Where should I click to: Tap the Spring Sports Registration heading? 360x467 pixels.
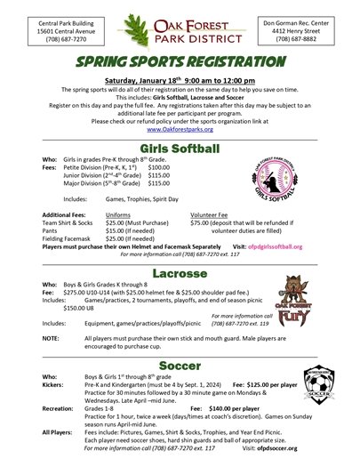click(x=180, y=64)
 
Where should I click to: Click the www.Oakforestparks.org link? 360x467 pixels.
click(x=180, y=129)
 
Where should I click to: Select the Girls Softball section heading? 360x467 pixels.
click(x=180, y=149)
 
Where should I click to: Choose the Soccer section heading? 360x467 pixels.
click(x=180, y=366)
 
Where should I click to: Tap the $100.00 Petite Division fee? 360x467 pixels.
click(x=158, y=166)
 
